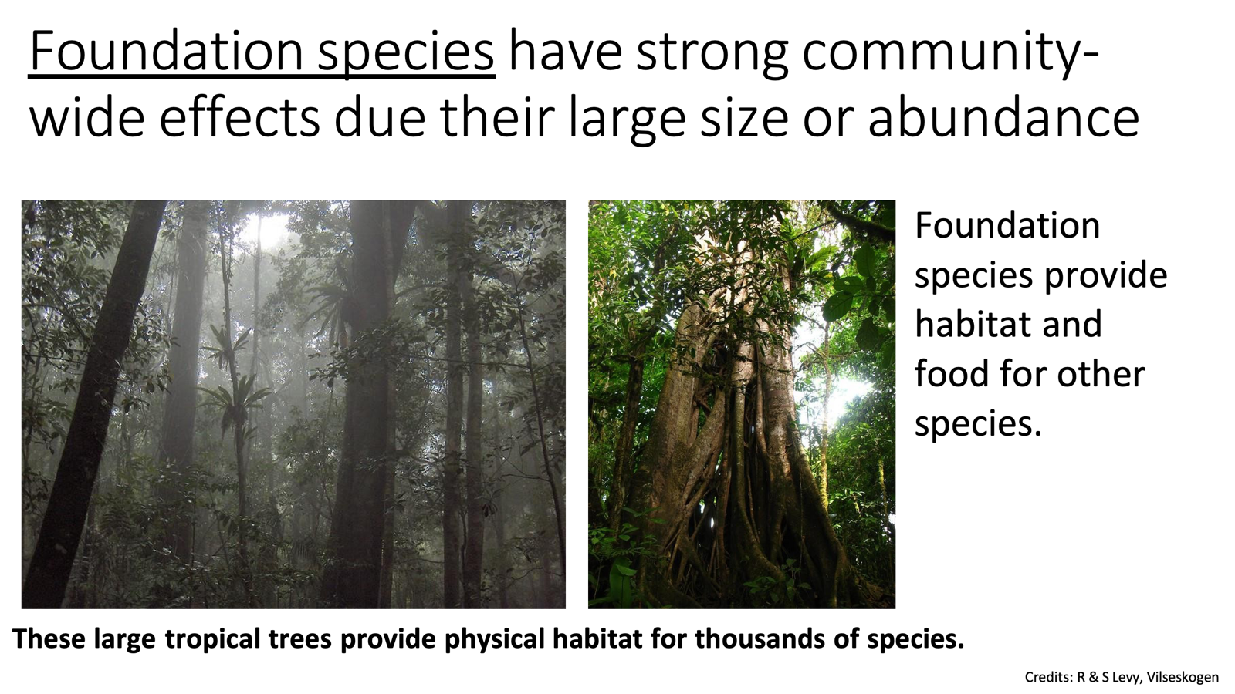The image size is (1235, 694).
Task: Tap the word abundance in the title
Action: click(x=1003, y=117)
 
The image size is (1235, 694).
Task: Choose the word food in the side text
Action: click(x=950, y=373)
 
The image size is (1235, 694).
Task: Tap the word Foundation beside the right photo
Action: click(x=1007, y=225)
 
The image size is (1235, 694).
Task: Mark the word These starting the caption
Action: click(x=49, y=638)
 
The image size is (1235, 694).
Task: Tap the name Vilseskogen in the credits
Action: click(x=1182, y=677)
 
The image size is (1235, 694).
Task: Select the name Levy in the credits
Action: click(x=1125, y=677)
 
